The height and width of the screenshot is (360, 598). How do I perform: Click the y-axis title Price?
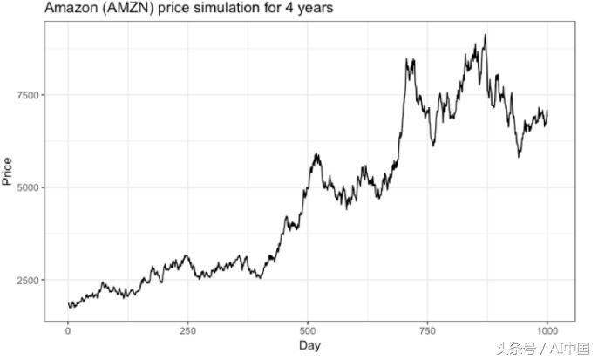coord(8,171)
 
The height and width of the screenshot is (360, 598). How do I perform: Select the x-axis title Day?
coord(309,346)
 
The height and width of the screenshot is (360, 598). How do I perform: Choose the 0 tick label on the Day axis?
coord(68,330)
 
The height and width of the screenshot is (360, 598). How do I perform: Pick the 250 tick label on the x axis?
coord(187,330)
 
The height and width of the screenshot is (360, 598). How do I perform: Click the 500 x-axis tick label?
coord(308,330)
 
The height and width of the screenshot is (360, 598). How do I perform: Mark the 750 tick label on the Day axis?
coord(427,330)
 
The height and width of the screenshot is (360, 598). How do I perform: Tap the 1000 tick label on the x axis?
coord(547,330)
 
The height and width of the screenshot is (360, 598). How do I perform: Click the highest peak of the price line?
coord(485,36)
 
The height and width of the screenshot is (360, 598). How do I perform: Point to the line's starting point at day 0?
coord(68,303)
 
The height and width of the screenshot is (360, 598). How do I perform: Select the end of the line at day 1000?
coord(547,112)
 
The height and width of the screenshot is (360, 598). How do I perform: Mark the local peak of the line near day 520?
coord(317,154)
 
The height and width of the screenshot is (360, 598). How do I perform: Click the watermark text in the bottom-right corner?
coord(541,348)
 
